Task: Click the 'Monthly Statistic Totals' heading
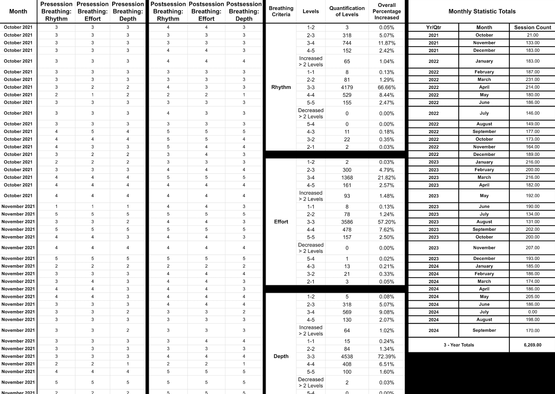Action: coord(482,12)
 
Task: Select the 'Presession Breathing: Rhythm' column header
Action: coord(56,12)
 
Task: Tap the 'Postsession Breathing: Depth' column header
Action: coord(244,12)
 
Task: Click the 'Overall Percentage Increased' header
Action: coord(387,12)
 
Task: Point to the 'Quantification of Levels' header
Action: coord(347,12)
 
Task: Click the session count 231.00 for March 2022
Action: coord(532,80)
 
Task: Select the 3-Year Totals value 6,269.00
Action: coord(532,345)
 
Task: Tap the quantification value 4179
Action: coord(347,87)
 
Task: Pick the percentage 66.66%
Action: coord(387,87)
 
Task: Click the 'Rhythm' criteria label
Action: coord(281,87)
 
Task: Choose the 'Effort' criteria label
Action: coord(281,222)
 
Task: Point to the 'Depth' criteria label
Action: coord(281,357)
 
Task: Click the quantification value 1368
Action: coord(347,178)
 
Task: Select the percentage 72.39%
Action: coord(387,357)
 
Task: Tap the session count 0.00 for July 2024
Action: coord(532,312)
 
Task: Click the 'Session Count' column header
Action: coord(532,27)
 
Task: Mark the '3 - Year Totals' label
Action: coord(459,345)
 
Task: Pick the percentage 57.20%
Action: coord(387,222)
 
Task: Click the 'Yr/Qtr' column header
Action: coord(433,27)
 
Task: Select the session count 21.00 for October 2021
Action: coord(532,35)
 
